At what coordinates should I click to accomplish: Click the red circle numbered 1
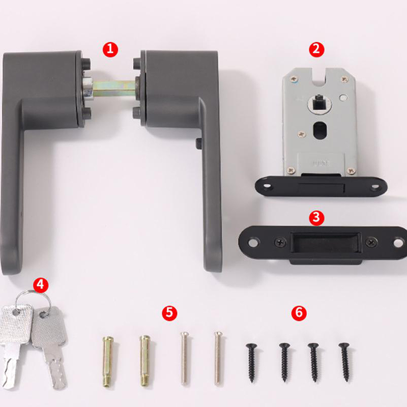[x=110, y=49]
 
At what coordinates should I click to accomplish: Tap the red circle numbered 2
[x=316, y=49]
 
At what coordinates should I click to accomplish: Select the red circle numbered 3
[x=316, y=218]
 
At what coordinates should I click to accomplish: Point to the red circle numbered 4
[x=41, y=285]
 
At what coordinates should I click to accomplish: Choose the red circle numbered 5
[x=169, y=313]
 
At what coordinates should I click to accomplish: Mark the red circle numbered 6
[x=299, y=313]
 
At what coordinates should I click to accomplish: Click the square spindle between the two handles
[x=114, y=88]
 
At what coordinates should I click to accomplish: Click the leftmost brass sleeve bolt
[x=108, y=362]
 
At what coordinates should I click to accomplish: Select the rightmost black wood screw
[x=345, y=362]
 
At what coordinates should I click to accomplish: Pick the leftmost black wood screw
[x=251, y=363]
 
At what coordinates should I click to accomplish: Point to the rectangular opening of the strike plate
[x=326, y=243]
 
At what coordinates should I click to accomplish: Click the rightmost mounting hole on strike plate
[x=398, y=243]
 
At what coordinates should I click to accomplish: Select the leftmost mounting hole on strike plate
[x=252, y=243]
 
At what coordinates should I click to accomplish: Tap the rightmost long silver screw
[x=219, y=358]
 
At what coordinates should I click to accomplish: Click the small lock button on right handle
[x=198, y=144]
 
